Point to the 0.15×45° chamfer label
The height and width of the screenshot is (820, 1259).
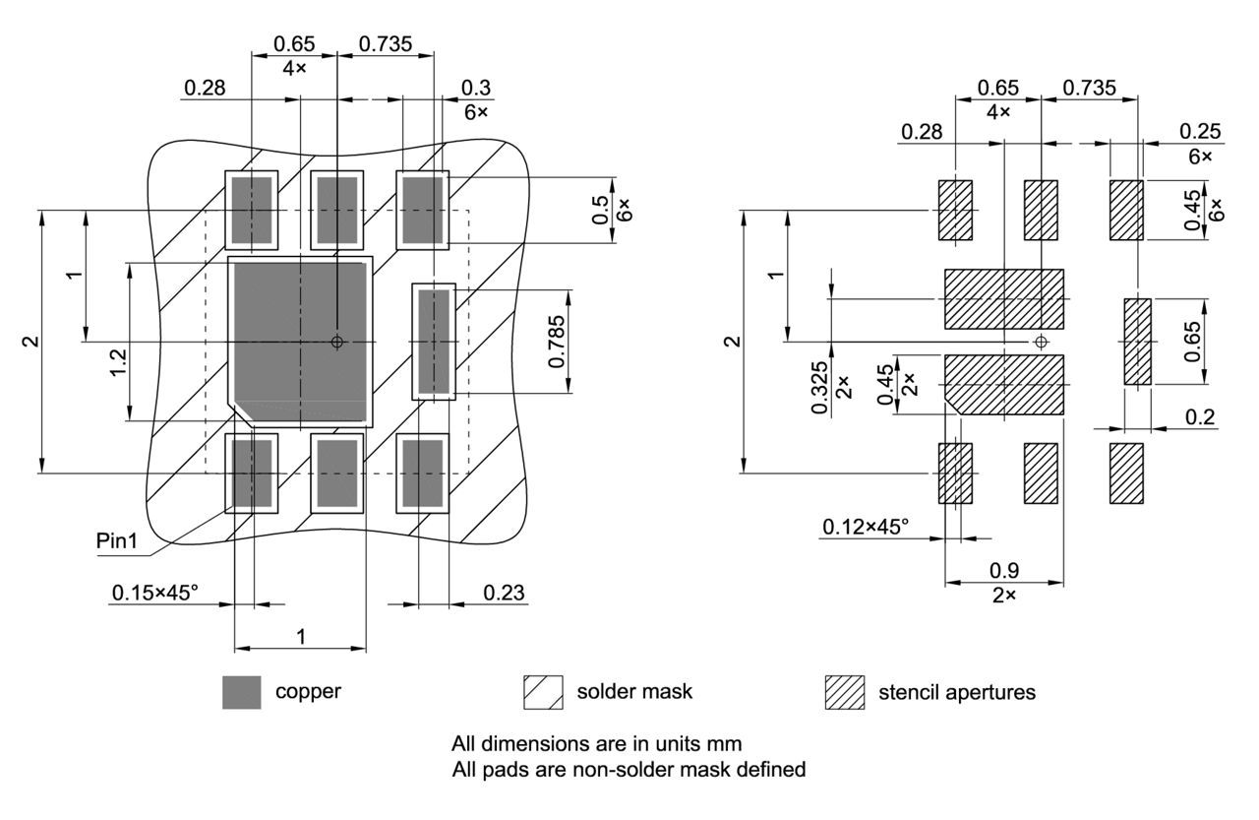[x=154, y=593]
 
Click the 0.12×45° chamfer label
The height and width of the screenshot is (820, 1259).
[x=866, y=527]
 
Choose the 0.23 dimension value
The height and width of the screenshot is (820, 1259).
[x=503, y=593]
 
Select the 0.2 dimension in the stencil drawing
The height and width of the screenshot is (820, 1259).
[x=1200, y=417]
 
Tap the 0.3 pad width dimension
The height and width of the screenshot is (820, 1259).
[x=477, y=89]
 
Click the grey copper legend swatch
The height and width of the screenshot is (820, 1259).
[x=242, y=692]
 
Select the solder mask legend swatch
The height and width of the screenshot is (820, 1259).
[x=543, y=692]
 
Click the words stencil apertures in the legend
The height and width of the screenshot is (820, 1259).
[x=956, y=692]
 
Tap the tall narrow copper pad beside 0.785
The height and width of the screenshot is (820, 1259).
[x=434, y=342]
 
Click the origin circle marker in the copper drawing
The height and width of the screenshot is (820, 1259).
[x=337, y=342]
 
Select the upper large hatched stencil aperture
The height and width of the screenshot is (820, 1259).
[x=1003, y=298]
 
